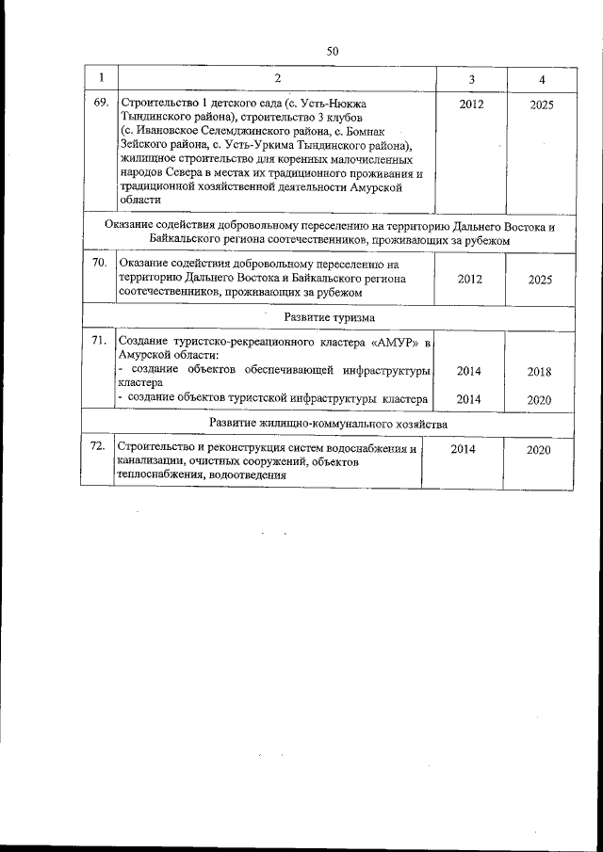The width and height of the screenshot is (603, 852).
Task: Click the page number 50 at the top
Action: pos(332,51)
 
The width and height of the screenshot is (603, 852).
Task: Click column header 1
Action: pos(101,77)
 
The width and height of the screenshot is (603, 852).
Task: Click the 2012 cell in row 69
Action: pos(471,104)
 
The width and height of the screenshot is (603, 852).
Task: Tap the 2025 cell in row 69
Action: pos(541,104)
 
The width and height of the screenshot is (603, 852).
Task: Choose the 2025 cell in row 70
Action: pos(540,280)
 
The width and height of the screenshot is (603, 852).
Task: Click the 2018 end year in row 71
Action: pos(539,372)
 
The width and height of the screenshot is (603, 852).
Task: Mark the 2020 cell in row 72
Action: pos(539,450)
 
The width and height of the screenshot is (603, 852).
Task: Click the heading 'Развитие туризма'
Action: pos(330,317)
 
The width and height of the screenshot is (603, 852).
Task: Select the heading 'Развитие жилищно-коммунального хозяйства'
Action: pos(328,424)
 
